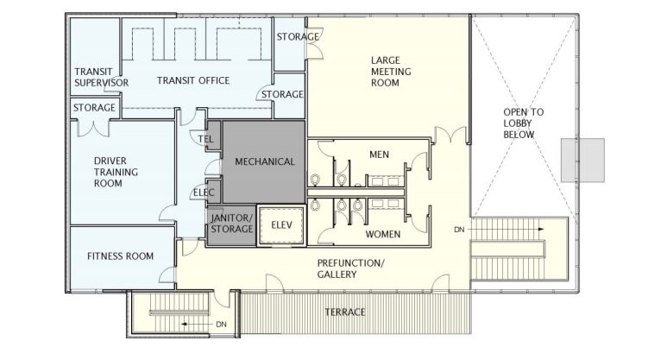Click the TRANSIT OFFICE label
coord(193,80)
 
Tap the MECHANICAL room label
coord(265,161)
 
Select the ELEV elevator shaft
coord(282,225)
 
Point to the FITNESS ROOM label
coord(120,256)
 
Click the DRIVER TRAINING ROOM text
coord(116,172)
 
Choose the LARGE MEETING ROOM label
coord(391,72)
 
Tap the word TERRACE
coord(345,312)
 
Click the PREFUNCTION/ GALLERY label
coord(351,268)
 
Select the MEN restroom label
coord(379,155)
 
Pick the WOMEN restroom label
coord(383,234)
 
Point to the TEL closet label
coord(205,139)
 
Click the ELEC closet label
coord(204,193)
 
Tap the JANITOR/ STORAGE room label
coord(232,224)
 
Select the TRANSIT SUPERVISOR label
coord(101,78)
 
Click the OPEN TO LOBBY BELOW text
coord(523,123)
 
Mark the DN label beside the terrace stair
coord(221,325)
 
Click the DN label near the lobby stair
coord(459,230)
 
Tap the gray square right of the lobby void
coord(582,161)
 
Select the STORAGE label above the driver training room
coord(94,108)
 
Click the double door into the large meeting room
coord(449,136)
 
